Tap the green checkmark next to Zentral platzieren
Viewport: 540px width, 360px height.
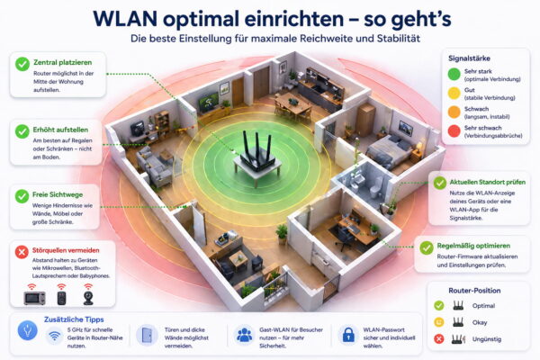click(x=22, y=63)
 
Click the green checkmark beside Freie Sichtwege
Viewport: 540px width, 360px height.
click(x=22, y=194)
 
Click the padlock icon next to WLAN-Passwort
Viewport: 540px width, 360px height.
click(x=347, y=335)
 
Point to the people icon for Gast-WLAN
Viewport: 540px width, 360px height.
click(x=243, y=335)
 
